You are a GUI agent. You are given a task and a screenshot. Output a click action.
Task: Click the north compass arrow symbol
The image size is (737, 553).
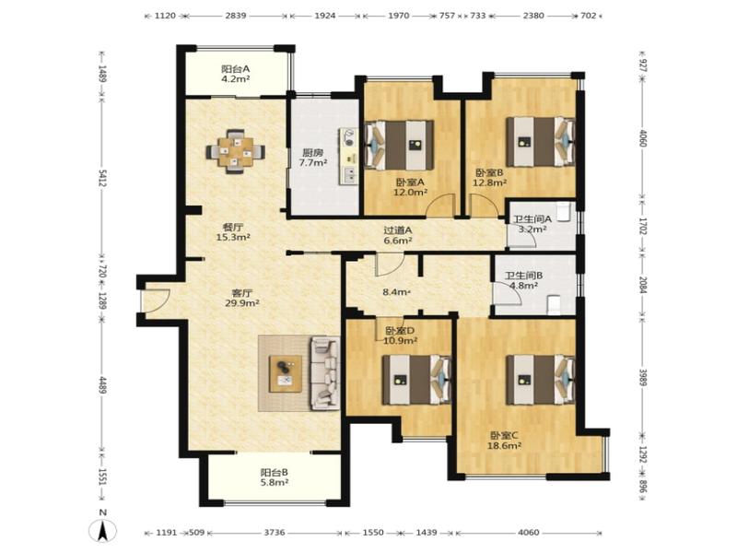104,532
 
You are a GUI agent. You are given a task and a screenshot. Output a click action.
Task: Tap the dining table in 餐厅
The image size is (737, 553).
235,151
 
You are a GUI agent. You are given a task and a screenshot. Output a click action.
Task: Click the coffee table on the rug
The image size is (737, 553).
286,373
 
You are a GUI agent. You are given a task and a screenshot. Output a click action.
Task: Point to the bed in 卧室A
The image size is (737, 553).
399,145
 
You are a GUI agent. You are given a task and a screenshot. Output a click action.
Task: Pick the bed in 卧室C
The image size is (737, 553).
540,379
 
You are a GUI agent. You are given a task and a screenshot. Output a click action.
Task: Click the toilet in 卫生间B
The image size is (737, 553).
555,304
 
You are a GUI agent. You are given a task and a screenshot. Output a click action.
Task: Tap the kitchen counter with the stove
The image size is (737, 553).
349,155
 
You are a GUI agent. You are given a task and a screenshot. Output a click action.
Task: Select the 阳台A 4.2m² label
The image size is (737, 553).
236,74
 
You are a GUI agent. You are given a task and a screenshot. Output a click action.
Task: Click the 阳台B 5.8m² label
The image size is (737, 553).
275,477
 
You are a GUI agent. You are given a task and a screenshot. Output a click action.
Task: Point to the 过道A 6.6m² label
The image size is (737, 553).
398,235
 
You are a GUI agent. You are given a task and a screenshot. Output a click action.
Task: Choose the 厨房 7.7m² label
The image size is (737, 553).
313,158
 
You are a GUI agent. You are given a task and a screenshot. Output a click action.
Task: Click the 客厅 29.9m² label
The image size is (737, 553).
242,298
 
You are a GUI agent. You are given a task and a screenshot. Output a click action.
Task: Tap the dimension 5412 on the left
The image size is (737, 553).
102,178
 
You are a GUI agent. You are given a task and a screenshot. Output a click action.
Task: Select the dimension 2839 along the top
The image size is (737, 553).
236,15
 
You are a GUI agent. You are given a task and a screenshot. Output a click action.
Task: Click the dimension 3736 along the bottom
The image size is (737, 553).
275,533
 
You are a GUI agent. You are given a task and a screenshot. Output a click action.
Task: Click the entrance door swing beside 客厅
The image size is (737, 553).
155,300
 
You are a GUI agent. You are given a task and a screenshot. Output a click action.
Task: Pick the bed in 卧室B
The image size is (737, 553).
541,142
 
